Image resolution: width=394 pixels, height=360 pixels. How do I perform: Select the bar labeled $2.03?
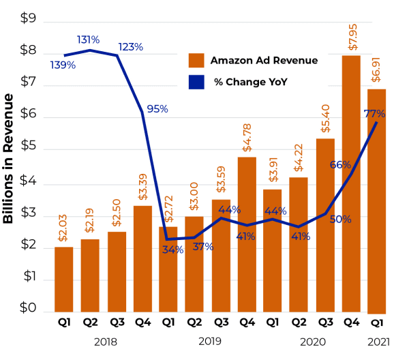(x=63, y=279)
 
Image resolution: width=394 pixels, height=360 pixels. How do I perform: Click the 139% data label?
(x=63, y=65)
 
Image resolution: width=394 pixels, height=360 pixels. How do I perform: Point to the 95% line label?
(x=157, y=109)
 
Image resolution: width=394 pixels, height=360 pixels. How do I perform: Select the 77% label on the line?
(x=375, y=114)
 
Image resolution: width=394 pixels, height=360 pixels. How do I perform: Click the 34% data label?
(x=172, y=250)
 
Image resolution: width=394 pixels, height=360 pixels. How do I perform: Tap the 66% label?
(x=340, y=165)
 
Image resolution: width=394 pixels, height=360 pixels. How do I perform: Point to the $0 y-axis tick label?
(x=28, y=308)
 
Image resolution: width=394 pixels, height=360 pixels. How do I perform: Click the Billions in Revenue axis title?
(x=9, y=159)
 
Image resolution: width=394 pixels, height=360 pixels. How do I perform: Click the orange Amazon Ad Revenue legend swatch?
(x=196, y=61)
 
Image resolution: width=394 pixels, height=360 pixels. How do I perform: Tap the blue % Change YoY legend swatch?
(x=196, y=82)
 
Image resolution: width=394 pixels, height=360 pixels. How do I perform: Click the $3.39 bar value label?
(x=142, y=188)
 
